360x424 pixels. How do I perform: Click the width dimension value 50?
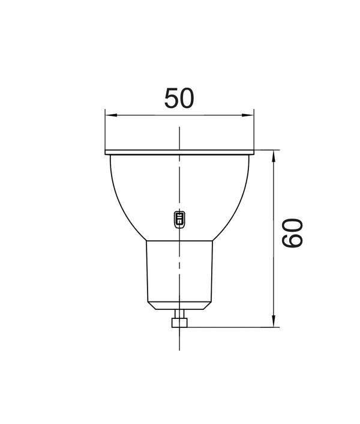tap(179, 98)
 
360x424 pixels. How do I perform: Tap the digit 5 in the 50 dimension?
tap(172, 98)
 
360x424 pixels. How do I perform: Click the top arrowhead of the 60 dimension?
tap(274, 154)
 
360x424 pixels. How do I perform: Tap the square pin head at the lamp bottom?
tap(179, 323)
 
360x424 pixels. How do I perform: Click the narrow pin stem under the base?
tap(179, 313)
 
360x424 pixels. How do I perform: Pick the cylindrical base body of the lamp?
tap(179, 270)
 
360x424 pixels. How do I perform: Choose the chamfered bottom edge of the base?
tap(179, 305)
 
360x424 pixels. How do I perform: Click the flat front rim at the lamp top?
tap(179, 151)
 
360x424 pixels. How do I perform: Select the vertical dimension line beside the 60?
tap(274, 198)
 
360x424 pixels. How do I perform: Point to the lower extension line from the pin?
tap(234, 327)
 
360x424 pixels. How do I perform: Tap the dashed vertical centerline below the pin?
tap(179, 339)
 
